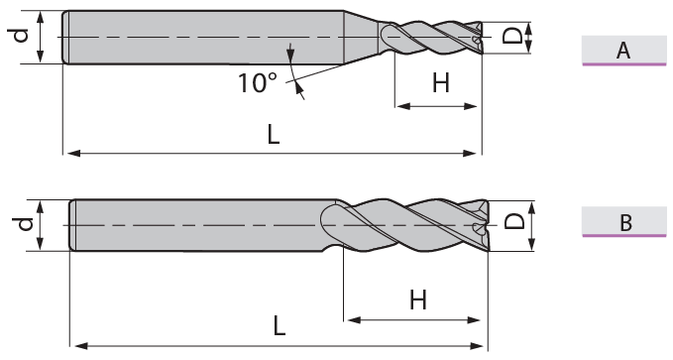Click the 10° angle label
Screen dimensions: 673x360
pos(258,82)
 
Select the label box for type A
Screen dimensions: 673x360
pos(624,51)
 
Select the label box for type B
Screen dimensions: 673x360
pos(624,222)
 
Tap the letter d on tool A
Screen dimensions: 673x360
pos(20,36)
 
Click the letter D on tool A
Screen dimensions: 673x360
pos(512,36)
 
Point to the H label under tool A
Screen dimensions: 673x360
pos(441,83)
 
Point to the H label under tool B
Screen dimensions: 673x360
pos(418,300)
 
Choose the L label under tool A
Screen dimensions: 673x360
pos(274,135)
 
